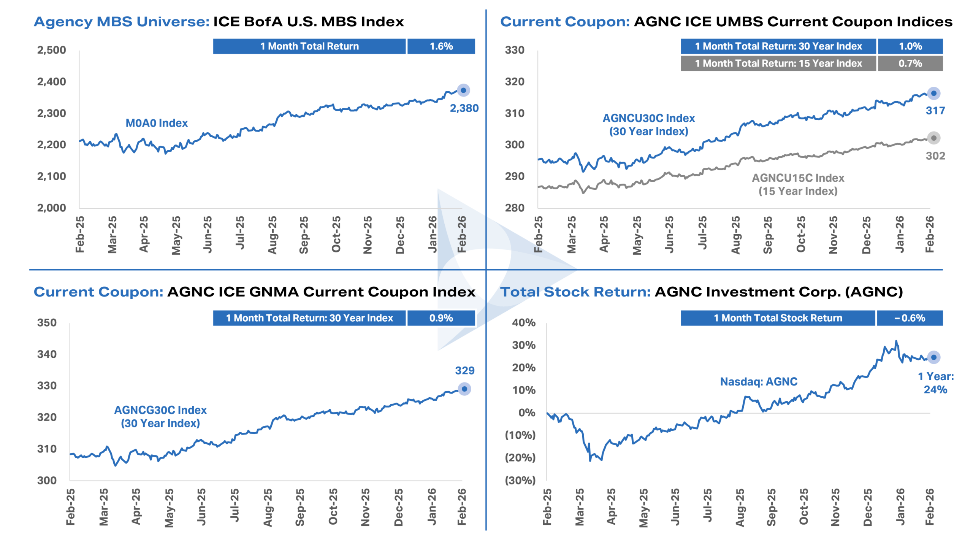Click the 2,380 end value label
(x=464, y=108)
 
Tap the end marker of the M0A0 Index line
(x=463, y=90)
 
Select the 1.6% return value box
(x=441, y=46)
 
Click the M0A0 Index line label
(x=157, y=123)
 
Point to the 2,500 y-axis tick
(x=51, y=50)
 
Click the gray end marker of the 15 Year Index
(x=933, y=138)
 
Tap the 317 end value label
(x=935, y=111)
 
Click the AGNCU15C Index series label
(x=797, y=184)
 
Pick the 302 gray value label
(x=935, y=156)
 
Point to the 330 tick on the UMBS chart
(x=514, y=50)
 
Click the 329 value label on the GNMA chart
(x=464, y=371)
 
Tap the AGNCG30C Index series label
(x=160, y=417)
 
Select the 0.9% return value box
(x=441, y=318)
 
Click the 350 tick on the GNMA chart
(x=47, y=323)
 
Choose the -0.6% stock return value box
(x=909, y=318)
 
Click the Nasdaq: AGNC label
(x=758, y=382)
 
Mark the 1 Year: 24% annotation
(x=935, y=383)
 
